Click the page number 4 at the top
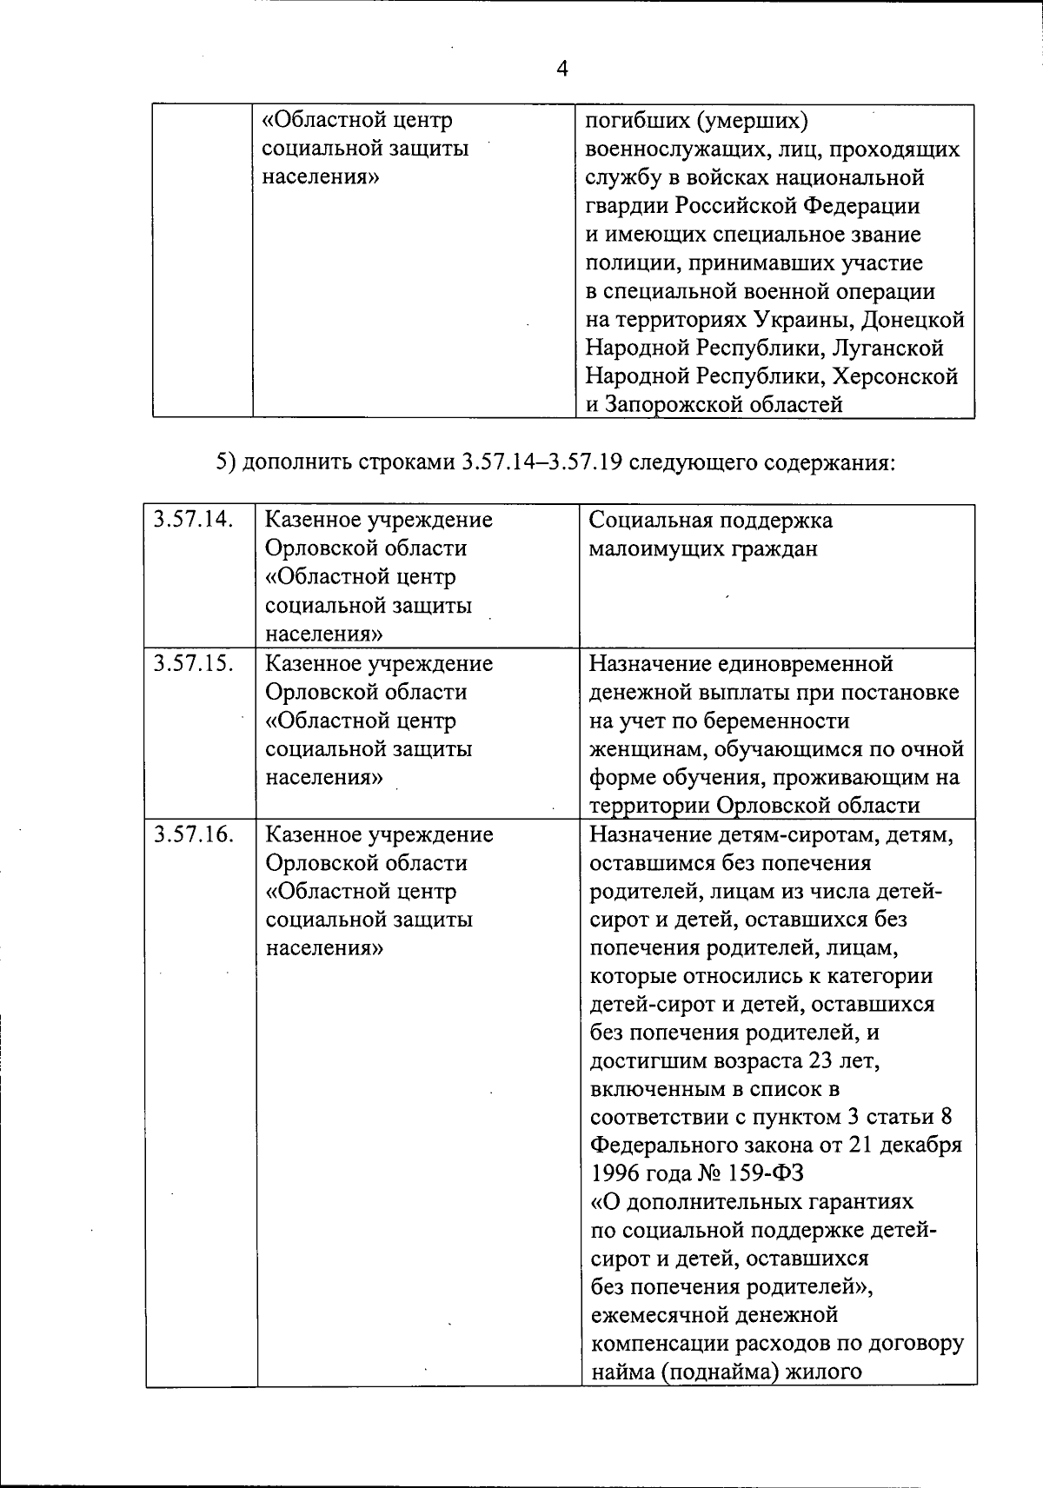pos(561,69)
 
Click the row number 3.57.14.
pos(193,520)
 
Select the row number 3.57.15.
pos(193,663)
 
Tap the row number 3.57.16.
pos(193,834)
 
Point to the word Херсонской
pos(895,376)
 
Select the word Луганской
pos(887,348)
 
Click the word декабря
pos(919,1145)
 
